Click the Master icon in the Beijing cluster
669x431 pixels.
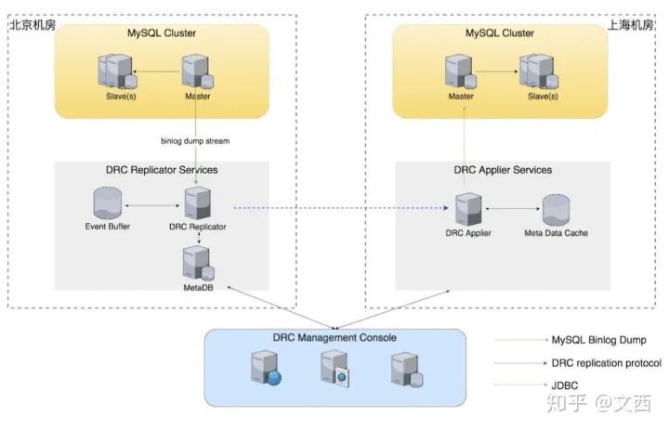pos(196,72)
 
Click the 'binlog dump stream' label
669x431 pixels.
pos(193,141)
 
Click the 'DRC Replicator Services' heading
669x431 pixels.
pos(162,170)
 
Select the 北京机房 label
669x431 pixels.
pos(33,25)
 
